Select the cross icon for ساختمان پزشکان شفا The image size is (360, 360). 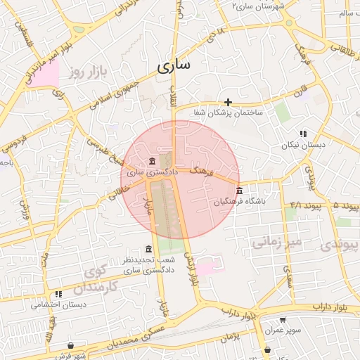point(228,102)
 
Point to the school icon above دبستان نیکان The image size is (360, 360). point(303,134)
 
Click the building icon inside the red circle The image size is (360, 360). point(153,162)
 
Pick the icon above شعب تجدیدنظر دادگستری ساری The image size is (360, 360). point(148,250)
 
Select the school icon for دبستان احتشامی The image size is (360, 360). point(59,294)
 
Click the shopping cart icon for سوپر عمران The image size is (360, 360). point(283,319)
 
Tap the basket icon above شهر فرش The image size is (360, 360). point(71,345)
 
